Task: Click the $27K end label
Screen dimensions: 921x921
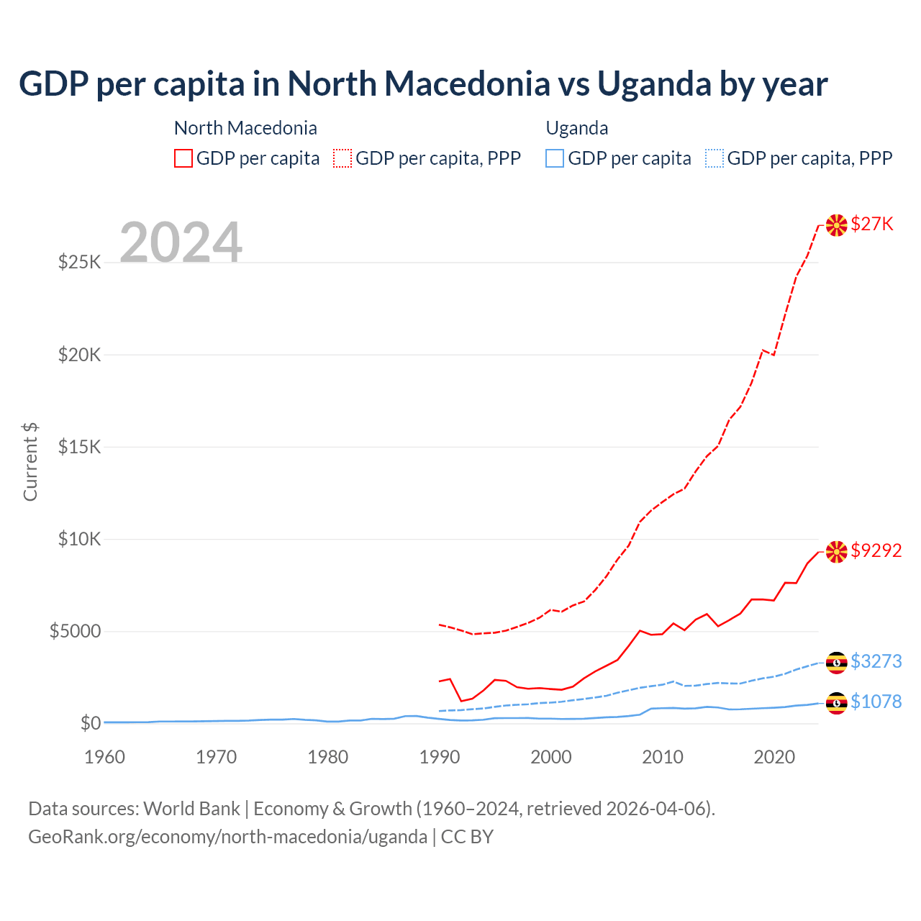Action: [x=872, y=224]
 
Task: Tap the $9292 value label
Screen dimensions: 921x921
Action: [x=876, y=550]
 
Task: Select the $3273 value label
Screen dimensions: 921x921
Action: [x=876, y=661]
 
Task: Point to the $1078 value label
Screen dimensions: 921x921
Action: [x=876, y=702]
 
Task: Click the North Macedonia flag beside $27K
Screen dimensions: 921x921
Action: [x=836, y=225]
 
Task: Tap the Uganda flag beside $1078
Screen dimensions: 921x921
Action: [x=836, y=703]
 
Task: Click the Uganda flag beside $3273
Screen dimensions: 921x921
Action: [x=836, y=663]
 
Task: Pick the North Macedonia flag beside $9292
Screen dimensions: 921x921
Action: [x=836, y=552]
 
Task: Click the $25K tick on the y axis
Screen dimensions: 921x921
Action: [x=79, y=262]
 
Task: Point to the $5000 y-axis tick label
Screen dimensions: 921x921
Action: [x=75, y=632]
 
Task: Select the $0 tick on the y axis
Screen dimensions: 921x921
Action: [x=90, y=723]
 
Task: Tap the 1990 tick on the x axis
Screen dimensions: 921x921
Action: [x=440, y=757]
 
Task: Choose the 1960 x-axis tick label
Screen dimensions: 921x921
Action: [x=105, y=757]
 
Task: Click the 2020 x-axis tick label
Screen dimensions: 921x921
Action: [x=774, y=757]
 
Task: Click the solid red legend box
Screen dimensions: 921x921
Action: [x=183, y=158]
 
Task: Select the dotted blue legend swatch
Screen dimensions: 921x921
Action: [x=714, y=158]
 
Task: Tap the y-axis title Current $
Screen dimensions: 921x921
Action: [x=30, y=461]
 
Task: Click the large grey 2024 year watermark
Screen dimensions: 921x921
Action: [x=181, y=242]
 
